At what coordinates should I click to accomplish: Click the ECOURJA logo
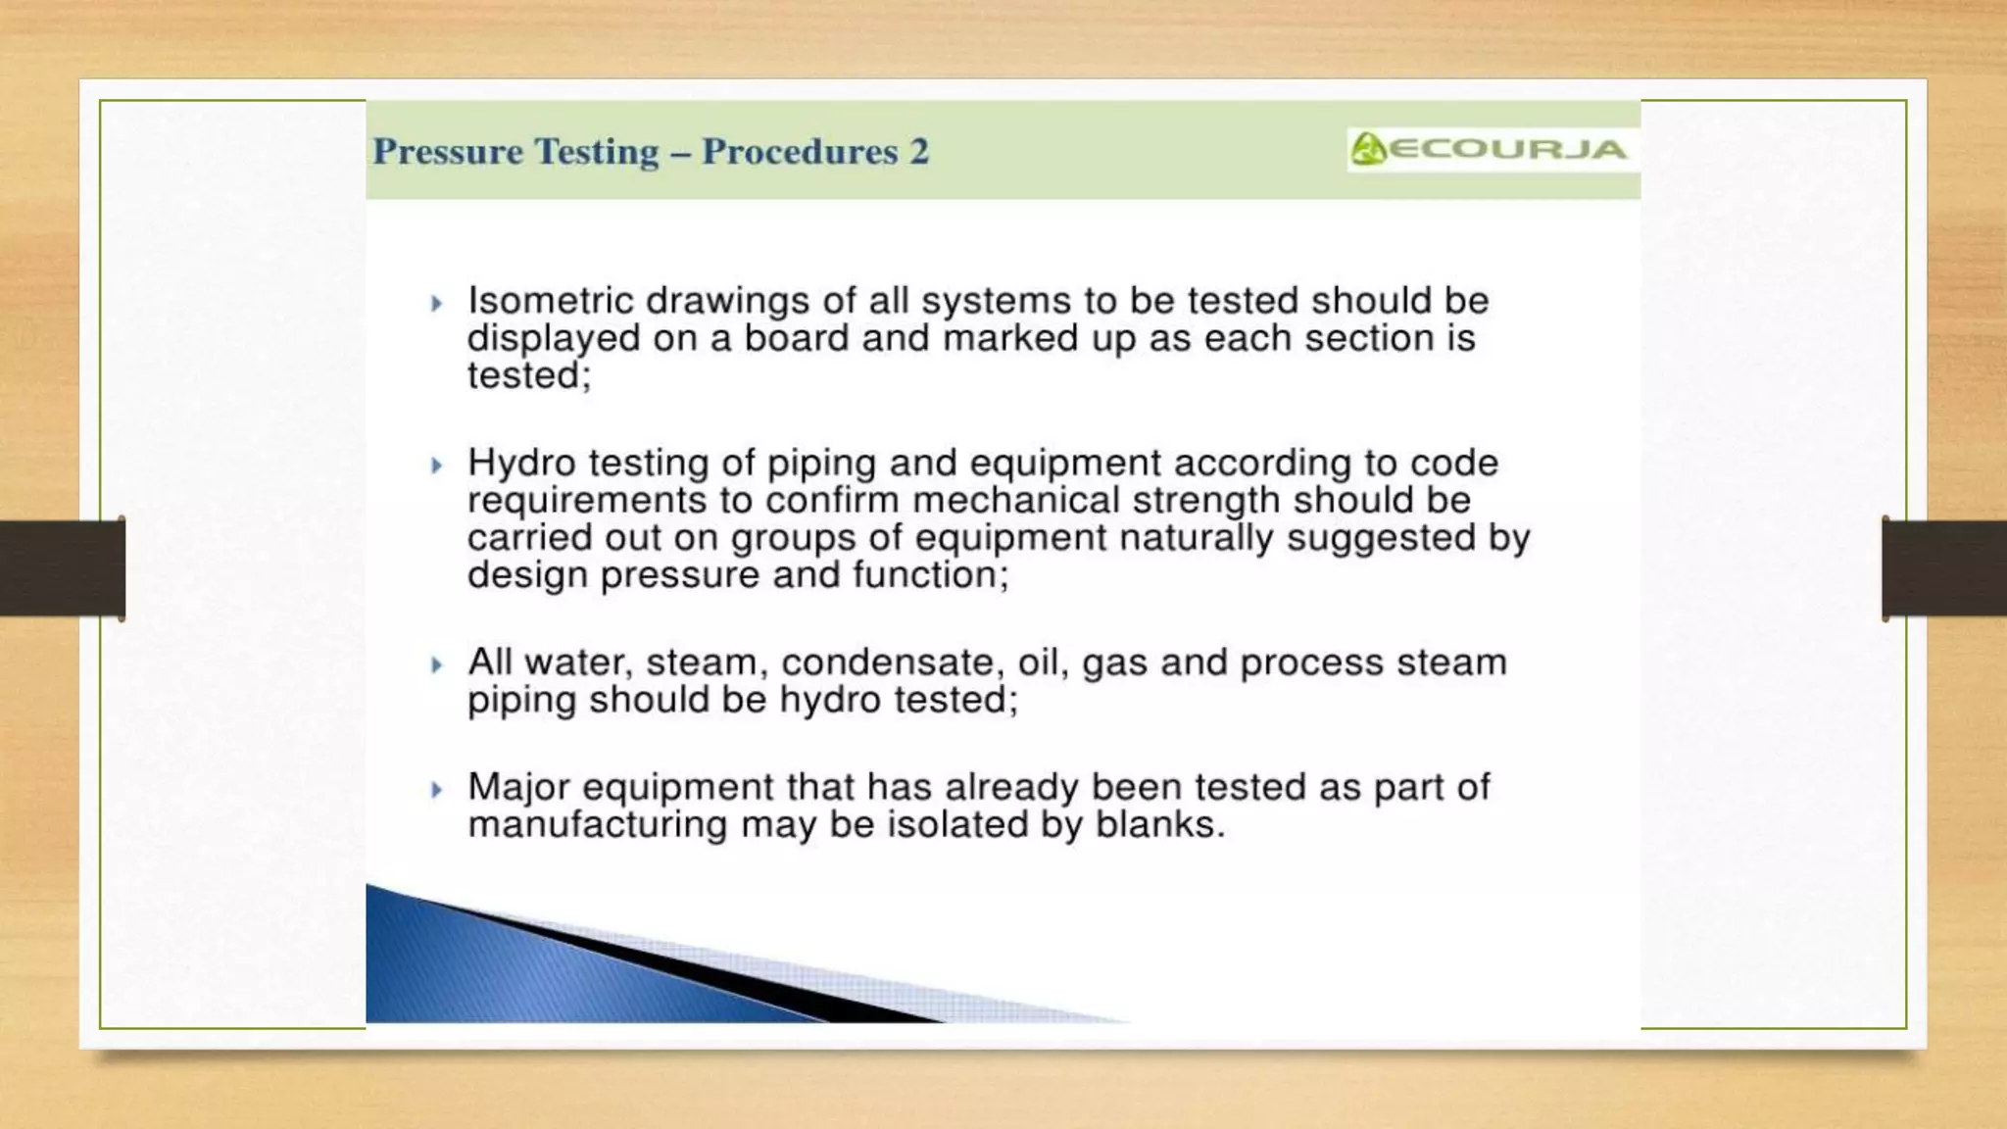1490,150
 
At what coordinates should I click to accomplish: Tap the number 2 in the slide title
918,152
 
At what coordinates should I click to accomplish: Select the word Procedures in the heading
800,152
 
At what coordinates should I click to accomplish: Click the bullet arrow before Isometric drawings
437,304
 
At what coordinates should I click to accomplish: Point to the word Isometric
549,300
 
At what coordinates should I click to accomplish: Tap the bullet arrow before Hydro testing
437,466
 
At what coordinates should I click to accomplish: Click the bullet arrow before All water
437,665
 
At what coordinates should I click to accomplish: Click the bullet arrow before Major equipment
437,790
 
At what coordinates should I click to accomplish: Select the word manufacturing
597,825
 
